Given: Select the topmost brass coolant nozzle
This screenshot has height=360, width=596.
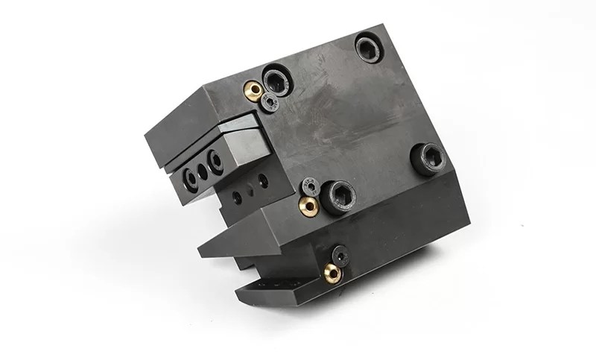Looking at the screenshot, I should (254, 91).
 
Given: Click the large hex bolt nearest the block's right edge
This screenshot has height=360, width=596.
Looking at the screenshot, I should (428, 158).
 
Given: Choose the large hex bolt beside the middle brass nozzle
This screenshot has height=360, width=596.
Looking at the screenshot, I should (339, 194).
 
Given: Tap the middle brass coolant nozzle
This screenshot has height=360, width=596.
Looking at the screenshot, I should (307, 204).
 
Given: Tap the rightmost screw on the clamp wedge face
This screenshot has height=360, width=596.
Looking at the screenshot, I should (215, 159).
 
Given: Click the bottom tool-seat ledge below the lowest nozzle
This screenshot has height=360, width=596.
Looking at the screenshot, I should (276, 287).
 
